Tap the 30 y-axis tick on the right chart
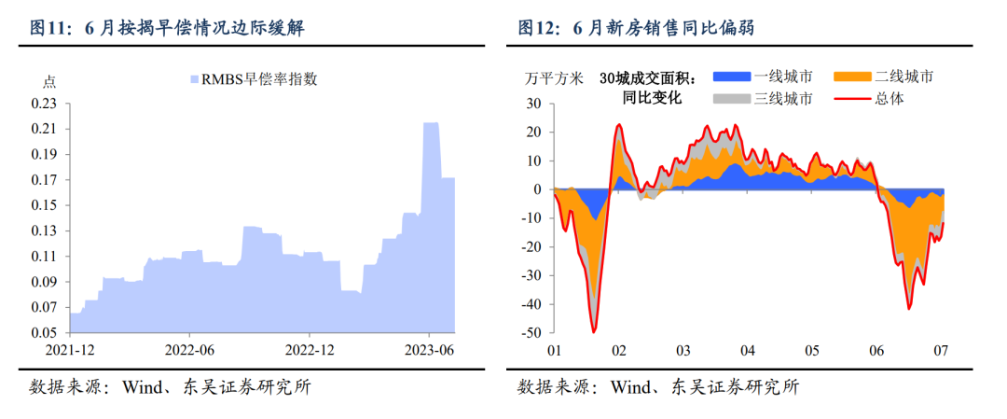pos(534,103)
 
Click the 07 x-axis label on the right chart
pos(940,351)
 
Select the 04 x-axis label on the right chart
pos(746,351)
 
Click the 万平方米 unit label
pos(554,77)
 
